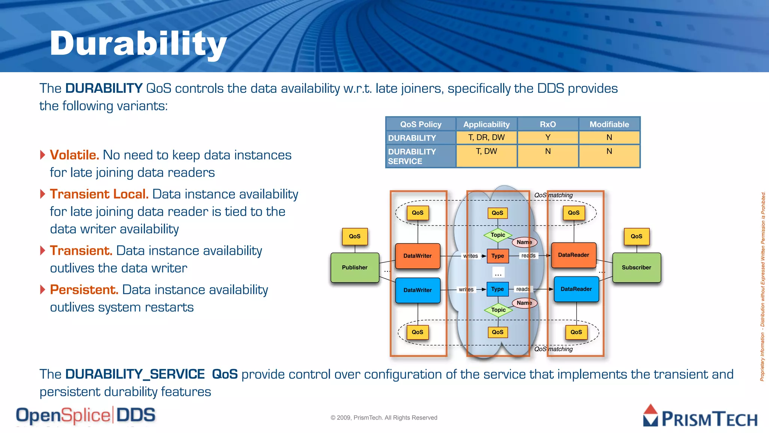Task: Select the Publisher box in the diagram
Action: click(x=355, y=268)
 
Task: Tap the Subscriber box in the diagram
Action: click(x=636, y=268)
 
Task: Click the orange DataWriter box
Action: click(x=418, y=256)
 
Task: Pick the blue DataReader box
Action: click(x=576, y=289)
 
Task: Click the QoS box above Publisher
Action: click(x=355, y=236)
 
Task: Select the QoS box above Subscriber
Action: click(x=636, y=236)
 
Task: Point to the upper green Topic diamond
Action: click(x=498, y=235)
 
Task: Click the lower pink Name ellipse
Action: click(x=524, y=303)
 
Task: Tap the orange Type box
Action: click(x=498, y=256)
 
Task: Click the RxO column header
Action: click(x=548, y=124)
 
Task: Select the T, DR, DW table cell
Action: click(x=487, y=138)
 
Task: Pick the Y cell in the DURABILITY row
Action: click(x=548, y=138)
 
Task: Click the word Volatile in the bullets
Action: click(x=74, y=155)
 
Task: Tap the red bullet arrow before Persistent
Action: click(x=43, y=289)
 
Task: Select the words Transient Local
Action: click(x=99, y=194)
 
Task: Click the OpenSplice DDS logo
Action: click(x=86, y=415)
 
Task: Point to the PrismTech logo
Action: click(x=700, y=416)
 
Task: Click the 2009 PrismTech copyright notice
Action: click(x=384, y=418)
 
